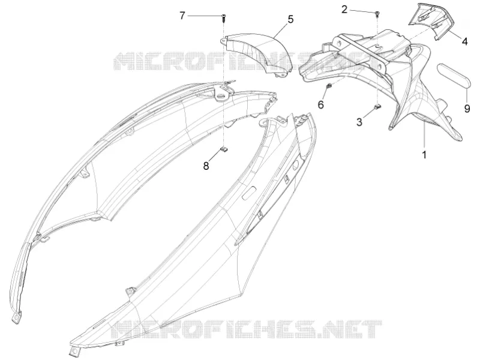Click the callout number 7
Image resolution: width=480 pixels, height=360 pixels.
(182, 15)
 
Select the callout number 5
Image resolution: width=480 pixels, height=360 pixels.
(290, 19)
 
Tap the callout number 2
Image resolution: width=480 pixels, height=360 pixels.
(344, 10)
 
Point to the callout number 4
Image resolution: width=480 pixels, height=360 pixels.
(464, 41)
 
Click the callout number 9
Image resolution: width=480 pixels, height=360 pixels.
(467, 108)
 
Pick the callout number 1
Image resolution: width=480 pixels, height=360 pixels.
(424, 155)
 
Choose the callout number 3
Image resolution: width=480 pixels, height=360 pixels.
(359, 122)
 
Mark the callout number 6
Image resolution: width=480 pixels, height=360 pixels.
(321, 104)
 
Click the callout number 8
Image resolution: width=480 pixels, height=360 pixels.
(206, 166)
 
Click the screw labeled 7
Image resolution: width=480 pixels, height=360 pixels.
(224, 19)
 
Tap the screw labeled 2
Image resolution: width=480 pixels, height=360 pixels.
(377, 13)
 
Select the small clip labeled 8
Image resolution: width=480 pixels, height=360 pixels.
(224, 149)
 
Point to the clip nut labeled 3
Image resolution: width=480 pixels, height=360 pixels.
(377, 107)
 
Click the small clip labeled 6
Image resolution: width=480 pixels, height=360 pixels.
(329, 86)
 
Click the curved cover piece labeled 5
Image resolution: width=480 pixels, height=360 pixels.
(257, 52)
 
